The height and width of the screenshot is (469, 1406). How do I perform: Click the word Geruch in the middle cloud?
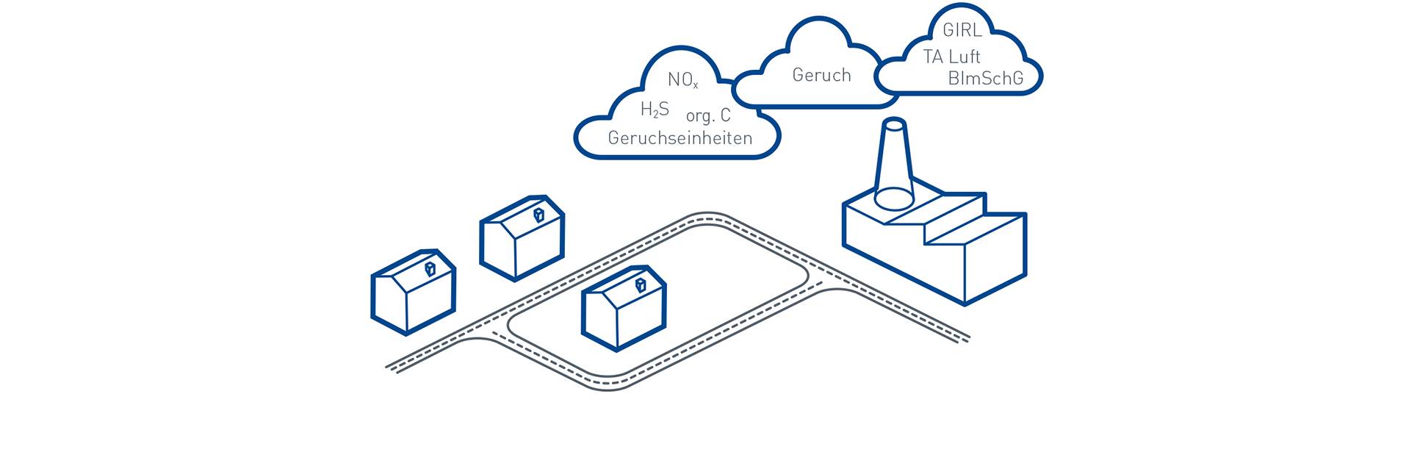821,75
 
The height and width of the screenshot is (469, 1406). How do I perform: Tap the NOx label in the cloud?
682,80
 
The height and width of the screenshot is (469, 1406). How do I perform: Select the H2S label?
655,110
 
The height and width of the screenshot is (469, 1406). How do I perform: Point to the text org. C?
708,115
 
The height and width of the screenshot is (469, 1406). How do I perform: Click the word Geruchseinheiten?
680,137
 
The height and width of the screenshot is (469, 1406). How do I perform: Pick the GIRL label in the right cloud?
962,31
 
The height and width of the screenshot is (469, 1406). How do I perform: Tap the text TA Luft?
952,57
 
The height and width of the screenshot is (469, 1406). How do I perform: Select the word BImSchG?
985,79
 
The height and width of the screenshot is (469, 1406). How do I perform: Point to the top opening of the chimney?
893,123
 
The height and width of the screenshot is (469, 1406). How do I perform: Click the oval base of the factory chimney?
893,198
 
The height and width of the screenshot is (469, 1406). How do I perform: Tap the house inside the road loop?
624,307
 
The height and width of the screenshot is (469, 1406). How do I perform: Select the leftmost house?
413,292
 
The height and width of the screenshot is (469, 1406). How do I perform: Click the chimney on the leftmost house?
430,268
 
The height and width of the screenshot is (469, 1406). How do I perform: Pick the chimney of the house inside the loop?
641,284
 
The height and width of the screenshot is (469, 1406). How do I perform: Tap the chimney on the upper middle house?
538,215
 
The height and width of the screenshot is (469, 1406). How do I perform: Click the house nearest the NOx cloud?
522,237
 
